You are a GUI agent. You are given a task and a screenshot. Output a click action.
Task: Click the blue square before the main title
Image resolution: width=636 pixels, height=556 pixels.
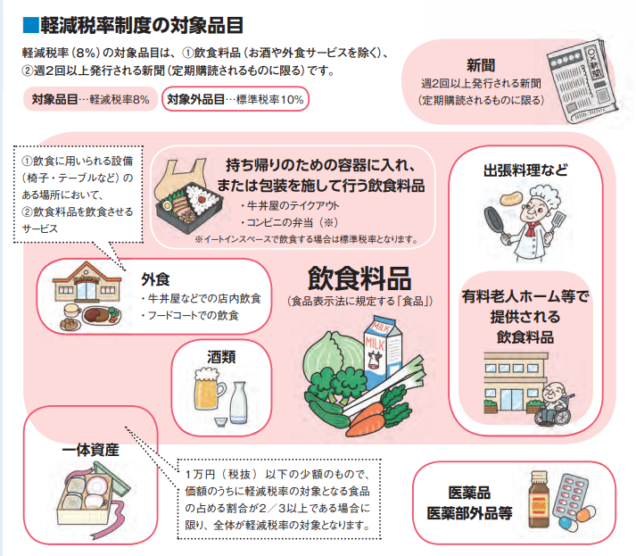(x=30, y=25)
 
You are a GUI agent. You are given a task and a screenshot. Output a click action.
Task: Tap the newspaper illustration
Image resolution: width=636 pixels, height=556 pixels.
(x=580, y=80)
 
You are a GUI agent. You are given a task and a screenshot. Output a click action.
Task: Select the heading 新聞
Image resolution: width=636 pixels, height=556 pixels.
(x=481, y=65)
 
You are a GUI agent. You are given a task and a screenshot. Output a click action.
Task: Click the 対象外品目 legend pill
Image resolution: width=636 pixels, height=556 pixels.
(x=235, y=99)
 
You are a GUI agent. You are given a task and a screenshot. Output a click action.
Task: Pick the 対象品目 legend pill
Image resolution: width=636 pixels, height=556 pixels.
(x=90, y=99)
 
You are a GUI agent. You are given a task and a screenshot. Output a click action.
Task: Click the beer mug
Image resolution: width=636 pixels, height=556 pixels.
(x=209, y=389)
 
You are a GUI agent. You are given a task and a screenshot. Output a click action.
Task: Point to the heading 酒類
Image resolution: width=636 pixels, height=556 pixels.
(x=221, y=357)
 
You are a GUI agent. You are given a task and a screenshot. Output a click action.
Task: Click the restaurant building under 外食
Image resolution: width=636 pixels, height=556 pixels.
(x=87, y=282)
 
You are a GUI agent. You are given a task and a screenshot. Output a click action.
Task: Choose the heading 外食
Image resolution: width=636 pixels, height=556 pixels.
(x=155, y=279)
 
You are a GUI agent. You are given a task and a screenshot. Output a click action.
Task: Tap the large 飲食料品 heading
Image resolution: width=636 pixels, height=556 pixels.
(x=359, y=278)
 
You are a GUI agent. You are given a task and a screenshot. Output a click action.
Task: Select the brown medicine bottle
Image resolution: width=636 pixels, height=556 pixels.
(x=539, y=499)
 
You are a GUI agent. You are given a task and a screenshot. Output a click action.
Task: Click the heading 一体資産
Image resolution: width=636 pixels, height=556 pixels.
(x=90, y=450)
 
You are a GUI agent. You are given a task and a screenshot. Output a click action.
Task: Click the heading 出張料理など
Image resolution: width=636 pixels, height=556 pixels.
(x=525, y=170)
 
